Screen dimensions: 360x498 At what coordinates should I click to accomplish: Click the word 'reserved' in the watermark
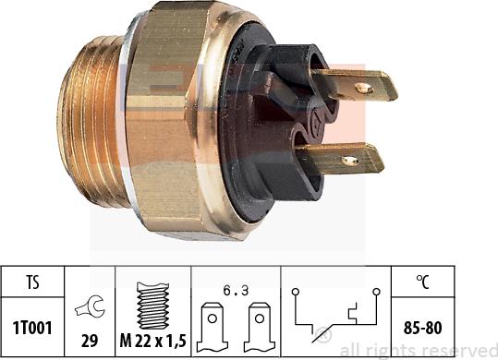point(458,350)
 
